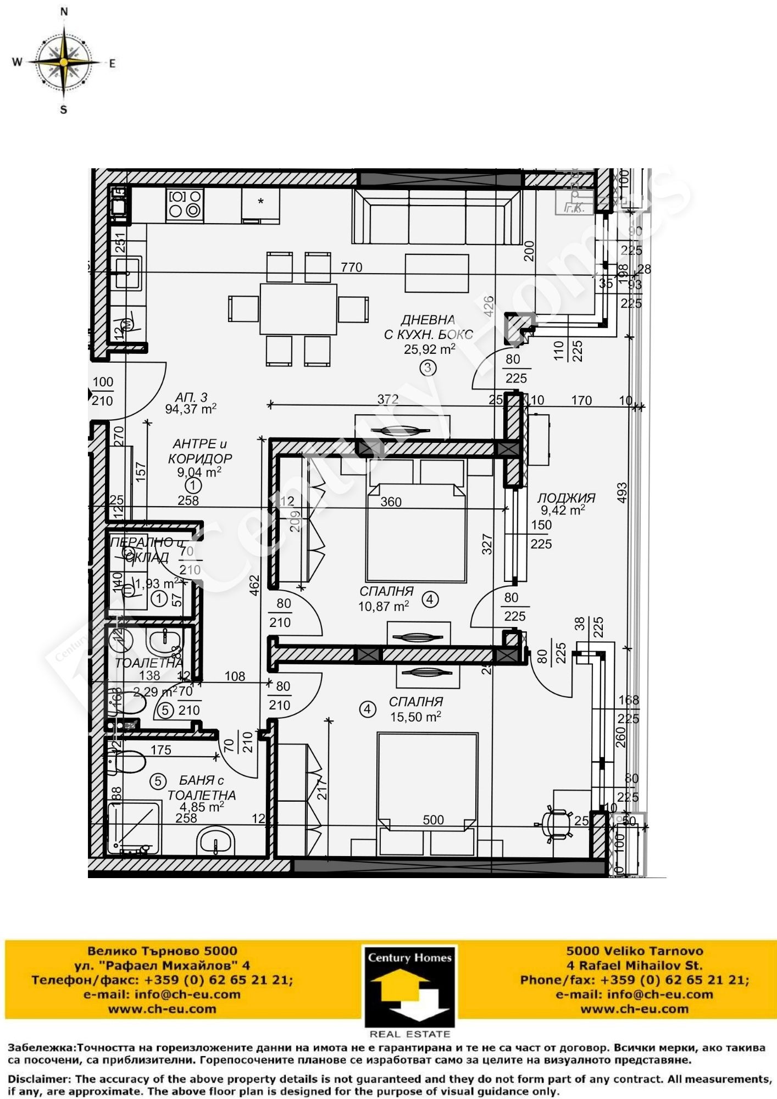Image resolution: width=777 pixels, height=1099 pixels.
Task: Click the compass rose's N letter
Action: (x=64, y=11)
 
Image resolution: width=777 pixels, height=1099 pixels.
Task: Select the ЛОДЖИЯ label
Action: (x=566, y=498)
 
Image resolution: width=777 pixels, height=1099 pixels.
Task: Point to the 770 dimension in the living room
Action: (x=352, y=267)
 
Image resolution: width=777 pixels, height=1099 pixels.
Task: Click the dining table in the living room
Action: (x=298, y=308)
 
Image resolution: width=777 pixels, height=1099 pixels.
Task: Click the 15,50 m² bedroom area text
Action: (x=415, y=717)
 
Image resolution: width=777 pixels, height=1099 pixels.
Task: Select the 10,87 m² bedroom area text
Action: (x=384, y=606)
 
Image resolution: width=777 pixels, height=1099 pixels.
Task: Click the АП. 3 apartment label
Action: (x=191, y=397)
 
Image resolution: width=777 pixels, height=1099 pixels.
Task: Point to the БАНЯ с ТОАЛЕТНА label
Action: (x=202, y=787)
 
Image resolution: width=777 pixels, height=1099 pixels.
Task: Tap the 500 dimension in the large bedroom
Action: (x=433, y=820)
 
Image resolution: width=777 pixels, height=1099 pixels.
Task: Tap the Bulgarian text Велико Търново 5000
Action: (x=163, y=951)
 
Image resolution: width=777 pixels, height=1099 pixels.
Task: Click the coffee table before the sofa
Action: (x=437, y=273)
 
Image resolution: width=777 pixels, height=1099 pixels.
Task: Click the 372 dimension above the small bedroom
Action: (x=387, y=399)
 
